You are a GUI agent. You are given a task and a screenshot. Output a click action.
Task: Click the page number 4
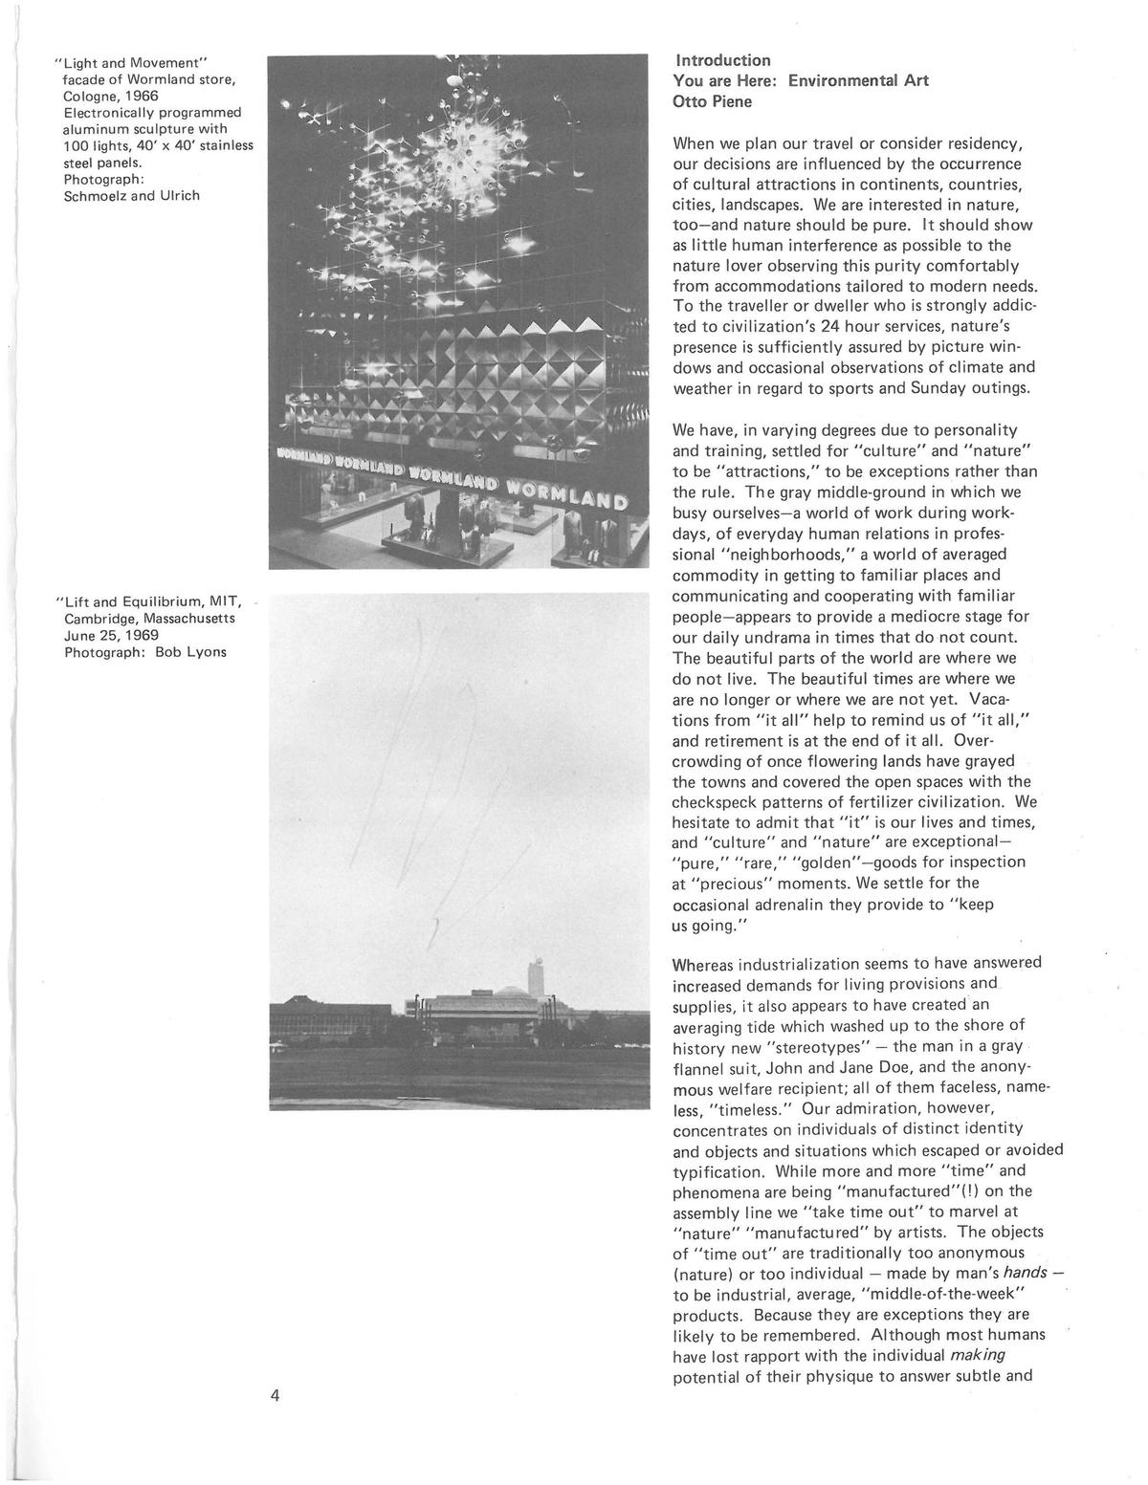point(275,1395)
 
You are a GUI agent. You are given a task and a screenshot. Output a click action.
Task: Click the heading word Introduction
point(722,60)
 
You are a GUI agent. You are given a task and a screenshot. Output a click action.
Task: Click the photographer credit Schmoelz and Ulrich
point(132,196)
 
